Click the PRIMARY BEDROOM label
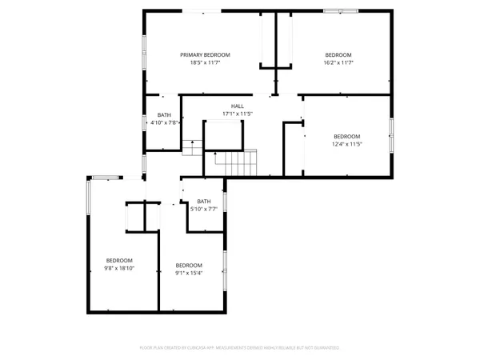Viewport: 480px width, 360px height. pyautogui.click(x=210, y=54)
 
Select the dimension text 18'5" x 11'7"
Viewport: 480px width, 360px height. pyautogui.click(x=210, y=62)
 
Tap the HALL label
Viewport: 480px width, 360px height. pyautogui.click(x=238, y=106)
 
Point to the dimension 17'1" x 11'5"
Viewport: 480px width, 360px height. pyautogui.click(x=238, y=114)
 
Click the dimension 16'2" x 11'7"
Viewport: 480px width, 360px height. pyautogui.click(x=338, y=62)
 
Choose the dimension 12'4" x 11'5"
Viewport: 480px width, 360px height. pyautogui.click(x=347, y=144)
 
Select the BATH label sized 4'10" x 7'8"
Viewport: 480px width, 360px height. pyautogui.click(x=164, y=114)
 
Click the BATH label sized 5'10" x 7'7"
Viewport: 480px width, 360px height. pyautogui.click(x=204, y=202)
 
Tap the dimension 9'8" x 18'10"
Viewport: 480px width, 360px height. pyautogui.click(x=119, y=269)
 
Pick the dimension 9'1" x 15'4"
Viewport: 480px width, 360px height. pyautogui.click(x=189, y=274)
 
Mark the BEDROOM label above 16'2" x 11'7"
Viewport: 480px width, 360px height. pyautogui.click(x=338, y=54)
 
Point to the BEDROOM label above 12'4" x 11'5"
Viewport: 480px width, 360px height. pyautogui.click(x=347, y=136)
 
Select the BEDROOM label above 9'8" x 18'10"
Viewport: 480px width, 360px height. pyautogui.click(x=119, y=261)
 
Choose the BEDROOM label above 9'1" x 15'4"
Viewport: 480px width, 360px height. pyautogui.click(x=189, y=266)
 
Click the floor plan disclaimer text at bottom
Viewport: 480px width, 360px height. pyautogui.click(x=240, y=348)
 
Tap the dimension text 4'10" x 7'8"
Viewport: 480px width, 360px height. pyautogui.click(x=164, y=122)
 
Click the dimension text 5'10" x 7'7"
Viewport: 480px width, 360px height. pyautogui.click(x=204, y=210)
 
